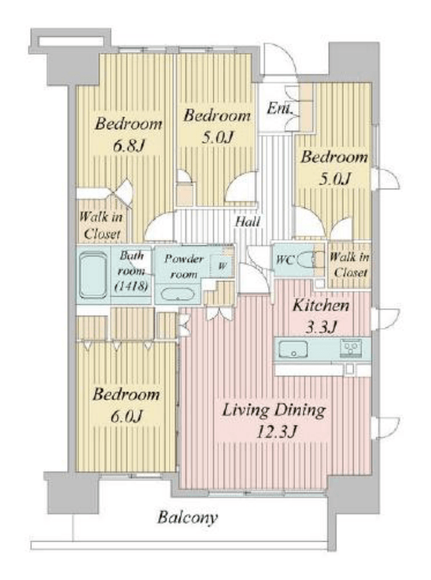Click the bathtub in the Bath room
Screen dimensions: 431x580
(x=94, y=275)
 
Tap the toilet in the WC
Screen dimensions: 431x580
(x=308, y=259)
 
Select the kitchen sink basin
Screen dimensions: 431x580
(x=293, y=349)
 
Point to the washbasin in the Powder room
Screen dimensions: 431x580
(x=178, y=295)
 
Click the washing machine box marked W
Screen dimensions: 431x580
(x=222, y=266)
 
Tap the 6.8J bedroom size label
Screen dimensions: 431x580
(x=128, y=146)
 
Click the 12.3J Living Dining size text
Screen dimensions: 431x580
(x=276, y=432)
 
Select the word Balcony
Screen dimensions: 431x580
(x=188, y=517)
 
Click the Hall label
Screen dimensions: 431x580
(x=248, y=222)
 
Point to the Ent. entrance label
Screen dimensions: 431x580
(x=280, y=109)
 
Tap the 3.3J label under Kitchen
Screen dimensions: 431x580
(x=321, y=327)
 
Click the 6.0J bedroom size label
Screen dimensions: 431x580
(x=126, y=417)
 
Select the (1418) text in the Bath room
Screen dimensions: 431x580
(x=131, y=286)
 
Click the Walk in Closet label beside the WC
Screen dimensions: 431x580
(x=349, y=265)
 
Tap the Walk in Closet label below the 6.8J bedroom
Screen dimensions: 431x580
(x=101, y=225)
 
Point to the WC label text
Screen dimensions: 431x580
(x=285, y=260)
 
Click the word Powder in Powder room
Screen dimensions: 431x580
(x=183, y=259)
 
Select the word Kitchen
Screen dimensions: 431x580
(x=321, y=306)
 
